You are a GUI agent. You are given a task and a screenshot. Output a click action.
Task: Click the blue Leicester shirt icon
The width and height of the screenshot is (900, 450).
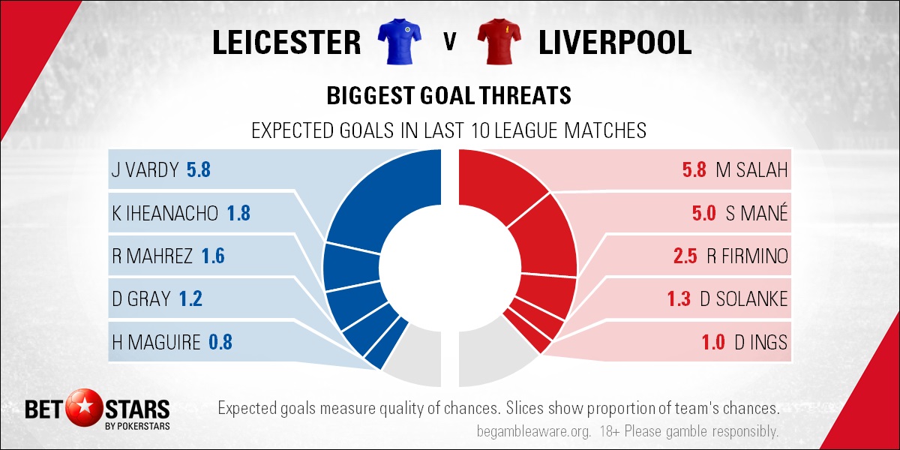coord(399,41)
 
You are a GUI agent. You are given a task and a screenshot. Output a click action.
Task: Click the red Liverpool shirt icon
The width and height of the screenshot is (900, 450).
coord(499,41)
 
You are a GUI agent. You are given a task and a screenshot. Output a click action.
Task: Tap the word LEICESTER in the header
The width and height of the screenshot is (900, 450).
coord(286,42)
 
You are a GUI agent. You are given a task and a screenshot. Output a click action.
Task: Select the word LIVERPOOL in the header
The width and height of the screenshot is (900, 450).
coord(615,42)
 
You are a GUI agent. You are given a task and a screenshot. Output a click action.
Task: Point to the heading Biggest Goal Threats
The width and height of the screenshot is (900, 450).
coord(448,96)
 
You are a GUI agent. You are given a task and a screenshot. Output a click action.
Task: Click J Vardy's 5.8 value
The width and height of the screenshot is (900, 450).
coord(199,169)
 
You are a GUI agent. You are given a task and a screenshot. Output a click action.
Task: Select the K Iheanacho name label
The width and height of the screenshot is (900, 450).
coord(165,213)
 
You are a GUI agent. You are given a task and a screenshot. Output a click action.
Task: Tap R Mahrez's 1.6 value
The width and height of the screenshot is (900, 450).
coord(213,256)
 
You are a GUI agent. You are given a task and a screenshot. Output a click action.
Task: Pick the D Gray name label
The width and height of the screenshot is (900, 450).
coord(141,299)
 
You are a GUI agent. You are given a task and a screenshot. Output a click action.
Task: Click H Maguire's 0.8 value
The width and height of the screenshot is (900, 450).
coord(220,342)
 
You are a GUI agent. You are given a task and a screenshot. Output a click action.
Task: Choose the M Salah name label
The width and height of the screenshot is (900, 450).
coord(751,169)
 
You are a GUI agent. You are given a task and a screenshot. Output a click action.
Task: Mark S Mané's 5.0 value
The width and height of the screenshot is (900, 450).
coord(704,213)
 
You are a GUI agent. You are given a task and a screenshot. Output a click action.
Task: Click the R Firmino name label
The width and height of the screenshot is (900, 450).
coord(747,256)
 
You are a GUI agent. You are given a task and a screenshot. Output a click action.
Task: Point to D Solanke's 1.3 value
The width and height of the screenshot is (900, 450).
coord(679,299)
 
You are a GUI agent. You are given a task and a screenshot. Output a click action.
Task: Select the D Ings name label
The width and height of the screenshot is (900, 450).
coord(761,342)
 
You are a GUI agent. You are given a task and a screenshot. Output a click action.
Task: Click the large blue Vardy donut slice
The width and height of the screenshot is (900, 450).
coord(385,193)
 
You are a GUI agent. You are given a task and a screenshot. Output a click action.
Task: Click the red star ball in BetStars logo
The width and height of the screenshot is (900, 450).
coord(84,407)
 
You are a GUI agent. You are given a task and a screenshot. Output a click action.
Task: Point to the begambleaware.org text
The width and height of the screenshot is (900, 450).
coord(533,432)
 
